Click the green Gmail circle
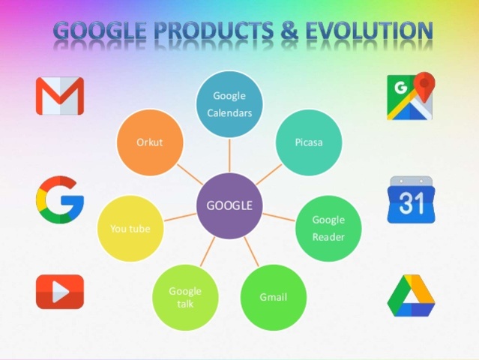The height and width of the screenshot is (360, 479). pos(274,297)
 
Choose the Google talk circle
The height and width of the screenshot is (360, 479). pos(185,297)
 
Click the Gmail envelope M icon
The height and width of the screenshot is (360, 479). pos(60,96)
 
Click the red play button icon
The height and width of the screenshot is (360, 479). pos(60,292)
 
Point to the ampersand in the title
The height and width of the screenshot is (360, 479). pos(286,31)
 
